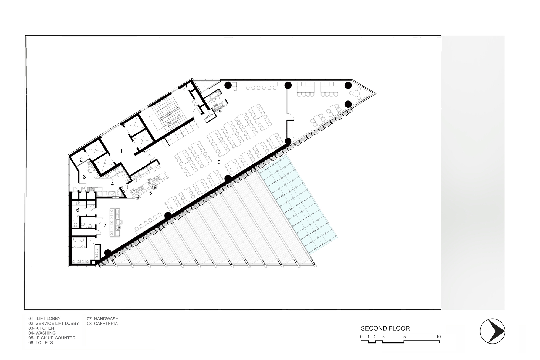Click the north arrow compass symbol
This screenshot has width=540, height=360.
[x=492, y=331]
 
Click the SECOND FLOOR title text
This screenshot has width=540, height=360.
[x=385, y=328]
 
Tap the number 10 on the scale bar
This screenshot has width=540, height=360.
[x=438, y=337]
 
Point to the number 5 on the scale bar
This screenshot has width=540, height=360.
[x=404, y=337]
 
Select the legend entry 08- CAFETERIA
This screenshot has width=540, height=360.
[x=102, y=324]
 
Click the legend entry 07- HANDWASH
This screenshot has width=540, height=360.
[x=103, y=319]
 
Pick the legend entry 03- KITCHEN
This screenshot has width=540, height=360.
[x=41, y=328]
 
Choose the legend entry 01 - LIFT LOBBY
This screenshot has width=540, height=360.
[x=45, y=319]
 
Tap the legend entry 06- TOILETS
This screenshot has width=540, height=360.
[x=40, y=343]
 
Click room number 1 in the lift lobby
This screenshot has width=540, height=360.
[x=121, y=151]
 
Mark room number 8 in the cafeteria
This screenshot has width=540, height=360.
[x=219, y=162]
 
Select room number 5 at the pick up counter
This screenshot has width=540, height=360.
[x=151, y=193]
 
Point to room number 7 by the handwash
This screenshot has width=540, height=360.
[x=105, y=225]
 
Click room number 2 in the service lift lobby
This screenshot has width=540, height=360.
[x=81, y=160]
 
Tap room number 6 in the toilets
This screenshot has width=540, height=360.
[x=78, y=210]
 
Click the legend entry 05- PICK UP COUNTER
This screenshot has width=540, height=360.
[x=52, y=338]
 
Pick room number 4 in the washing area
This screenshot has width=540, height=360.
[x=112, y=184]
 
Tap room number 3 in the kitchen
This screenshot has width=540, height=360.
[x=84, y=177]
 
